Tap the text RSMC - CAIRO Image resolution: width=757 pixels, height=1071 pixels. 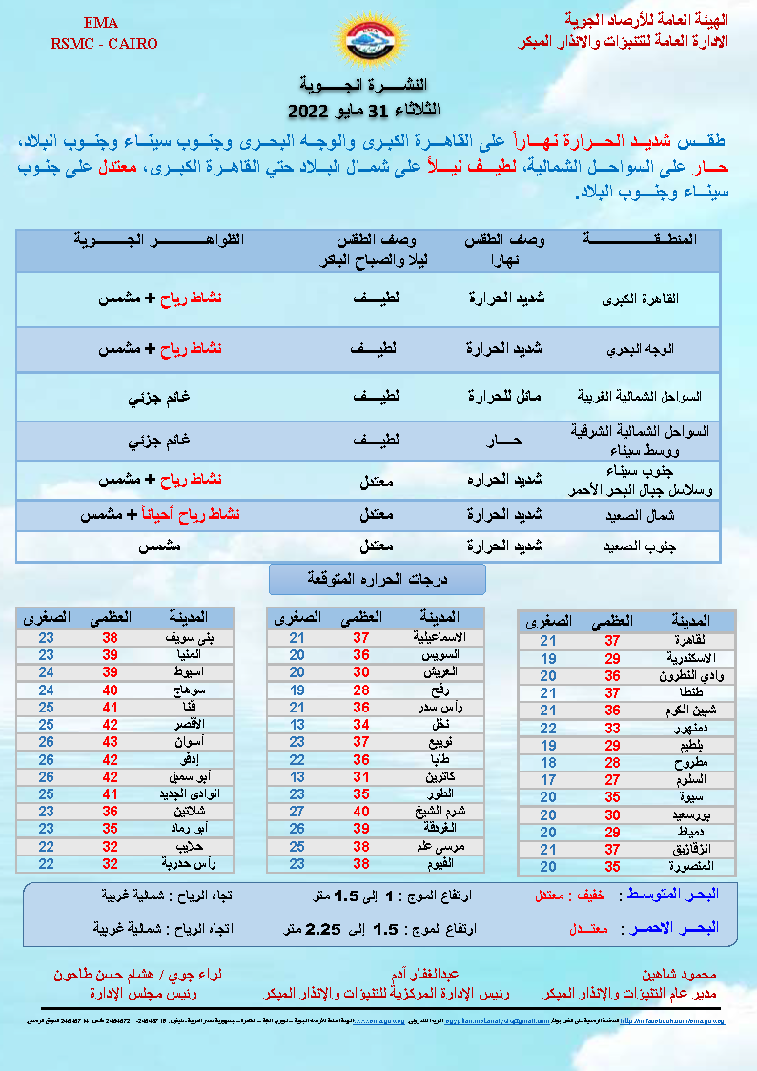coord(104,44)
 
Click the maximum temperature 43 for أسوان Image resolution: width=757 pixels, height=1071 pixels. coord(110,741)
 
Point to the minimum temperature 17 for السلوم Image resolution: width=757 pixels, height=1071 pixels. coord(548,780)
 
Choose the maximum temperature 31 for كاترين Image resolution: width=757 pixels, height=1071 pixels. coord(361,778)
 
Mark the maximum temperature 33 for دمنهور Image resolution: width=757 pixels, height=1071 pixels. coord(612,728)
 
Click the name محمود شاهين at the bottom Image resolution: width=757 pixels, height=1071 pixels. coord(674,976)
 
